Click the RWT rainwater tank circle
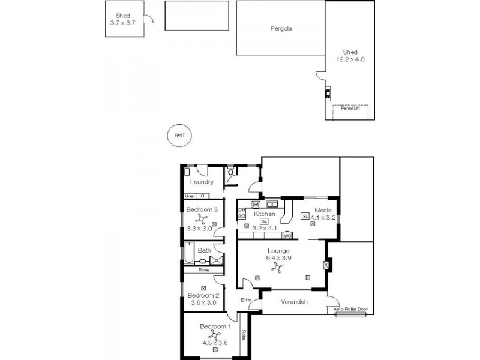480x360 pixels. click(179, 136)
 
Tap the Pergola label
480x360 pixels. click(280, 28)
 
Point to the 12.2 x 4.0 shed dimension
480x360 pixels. click(350, 59)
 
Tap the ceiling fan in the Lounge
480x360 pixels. click(278, 269)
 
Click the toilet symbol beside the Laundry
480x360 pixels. click(231, 173)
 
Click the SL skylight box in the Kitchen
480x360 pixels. click(264, 221)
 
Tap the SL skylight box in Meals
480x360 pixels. click(305, 217)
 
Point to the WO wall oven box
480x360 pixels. click(287, 236)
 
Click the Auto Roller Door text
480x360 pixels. click(350, 310)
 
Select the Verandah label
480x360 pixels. click(294, 302)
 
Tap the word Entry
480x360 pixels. click(245, 300)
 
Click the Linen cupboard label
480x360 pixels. click(190, 196)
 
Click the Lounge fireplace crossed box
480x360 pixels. click(326, 265)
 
